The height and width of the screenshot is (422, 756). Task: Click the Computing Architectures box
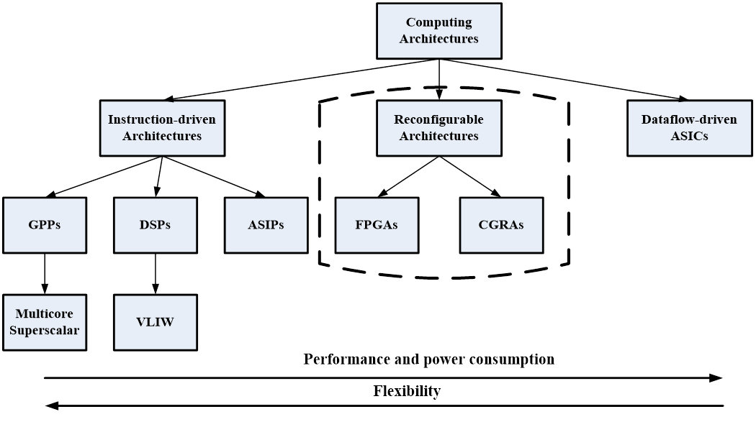[439, 31]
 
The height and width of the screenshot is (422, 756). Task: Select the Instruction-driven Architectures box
[161, 127]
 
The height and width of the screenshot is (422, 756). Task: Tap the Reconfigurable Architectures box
[439, 127]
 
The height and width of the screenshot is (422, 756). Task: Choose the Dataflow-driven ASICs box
[689, 127]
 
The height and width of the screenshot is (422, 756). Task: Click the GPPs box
[45, 224]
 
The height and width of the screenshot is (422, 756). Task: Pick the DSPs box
[156, 224]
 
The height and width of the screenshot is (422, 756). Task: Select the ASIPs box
[266, 224]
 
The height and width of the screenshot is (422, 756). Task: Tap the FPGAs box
[377, 224]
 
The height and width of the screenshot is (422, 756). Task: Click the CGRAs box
[501, 224]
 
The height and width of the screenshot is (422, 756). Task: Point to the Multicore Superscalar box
[45, 322]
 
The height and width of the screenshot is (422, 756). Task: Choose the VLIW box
[156, 322]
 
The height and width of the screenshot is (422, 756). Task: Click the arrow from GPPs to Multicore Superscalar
[45, 273]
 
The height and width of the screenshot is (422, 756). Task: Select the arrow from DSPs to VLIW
[156, 273]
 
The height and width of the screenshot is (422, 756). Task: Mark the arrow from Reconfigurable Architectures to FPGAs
[408, 176]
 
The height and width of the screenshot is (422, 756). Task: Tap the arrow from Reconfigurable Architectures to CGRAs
[470, 176]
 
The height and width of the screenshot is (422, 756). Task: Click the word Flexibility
[408, 391]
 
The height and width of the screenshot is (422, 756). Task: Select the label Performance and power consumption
[429, 359]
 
